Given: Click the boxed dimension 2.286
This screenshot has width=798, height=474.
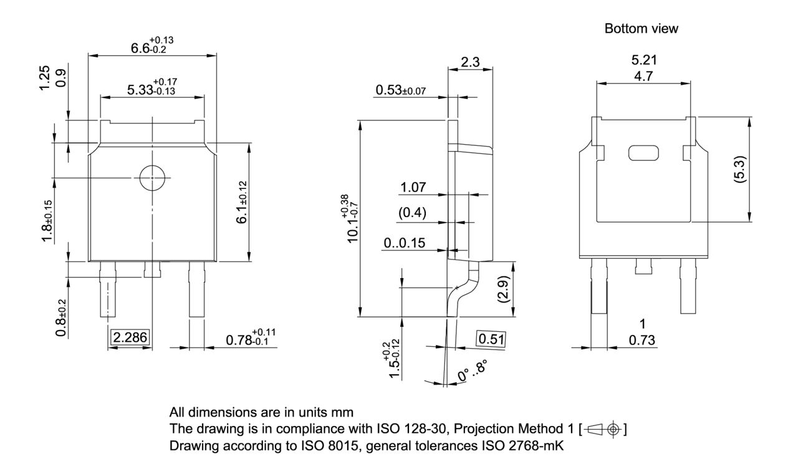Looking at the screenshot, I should coord(130,337).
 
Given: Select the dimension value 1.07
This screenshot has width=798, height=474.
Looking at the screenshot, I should coord(413,188).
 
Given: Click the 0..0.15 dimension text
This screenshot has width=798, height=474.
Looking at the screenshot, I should coord(405,243).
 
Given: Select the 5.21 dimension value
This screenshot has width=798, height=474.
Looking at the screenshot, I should coord(643,60).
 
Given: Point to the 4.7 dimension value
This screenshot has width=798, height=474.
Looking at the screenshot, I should coord(643,77).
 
